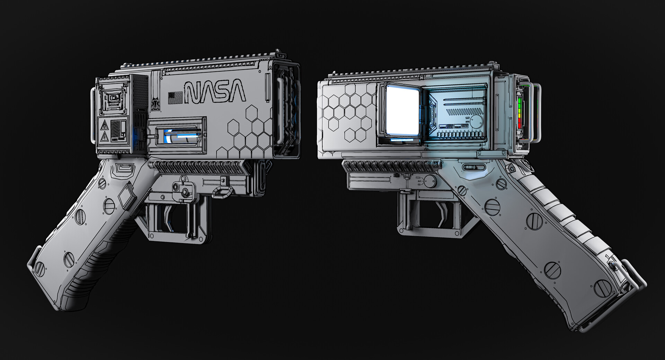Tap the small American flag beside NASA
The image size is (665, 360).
coord(175,98)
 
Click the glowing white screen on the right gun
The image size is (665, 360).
coord(402,111)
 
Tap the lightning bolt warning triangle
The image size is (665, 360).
coord(104,138)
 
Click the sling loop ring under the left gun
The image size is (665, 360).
coord(222,191)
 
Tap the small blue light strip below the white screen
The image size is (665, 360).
coord(402,141)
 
